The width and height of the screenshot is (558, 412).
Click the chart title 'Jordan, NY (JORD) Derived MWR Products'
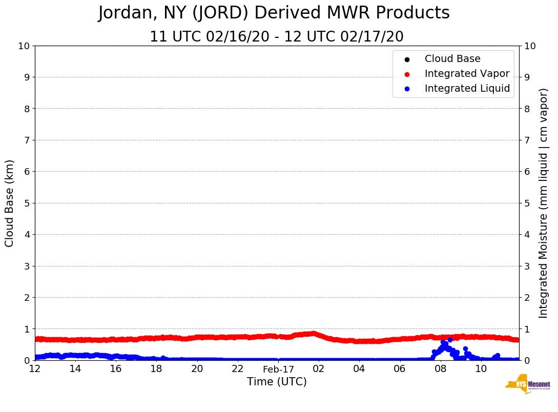274,13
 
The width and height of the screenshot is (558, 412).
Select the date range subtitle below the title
276,37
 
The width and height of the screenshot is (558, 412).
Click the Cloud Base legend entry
452,59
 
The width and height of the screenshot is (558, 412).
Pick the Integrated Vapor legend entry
467,74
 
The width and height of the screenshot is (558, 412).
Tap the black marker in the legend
407,59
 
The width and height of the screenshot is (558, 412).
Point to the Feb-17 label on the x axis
278,369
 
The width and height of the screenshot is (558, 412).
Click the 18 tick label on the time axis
156,369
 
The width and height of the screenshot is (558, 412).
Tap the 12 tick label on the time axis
35,369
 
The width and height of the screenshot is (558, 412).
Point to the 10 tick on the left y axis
24,46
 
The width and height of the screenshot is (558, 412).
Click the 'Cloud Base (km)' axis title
10,203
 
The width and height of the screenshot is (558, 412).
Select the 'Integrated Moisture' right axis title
544,203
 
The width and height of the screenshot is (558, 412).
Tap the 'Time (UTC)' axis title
277,382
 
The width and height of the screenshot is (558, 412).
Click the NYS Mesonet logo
528,384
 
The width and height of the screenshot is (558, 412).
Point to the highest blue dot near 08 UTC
450,340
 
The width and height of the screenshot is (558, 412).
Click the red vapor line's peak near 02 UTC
313,333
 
